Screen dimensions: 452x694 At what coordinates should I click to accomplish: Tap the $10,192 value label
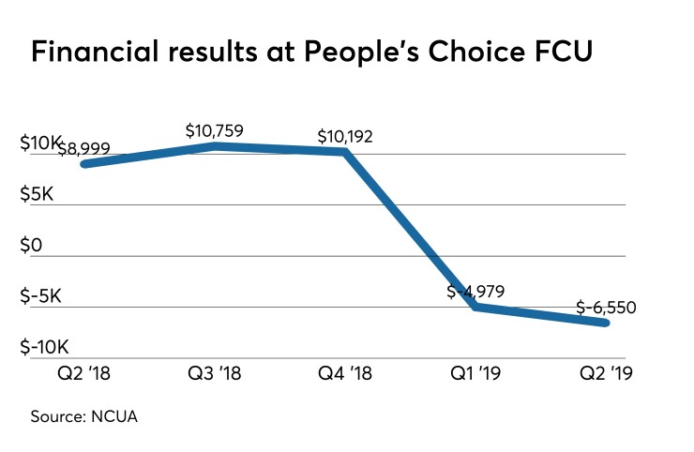pyautogui.click(x=344, y=136)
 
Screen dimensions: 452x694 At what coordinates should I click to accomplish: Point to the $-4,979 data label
pyautogui.click(x=475, y=292)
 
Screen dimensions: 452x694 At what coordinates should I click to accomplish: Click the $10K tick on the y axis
pyautogui.click(x=39, y=143)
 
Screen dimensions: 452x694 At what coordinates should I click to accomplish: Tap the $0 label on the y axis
pyautogui.click(x=33, y=246)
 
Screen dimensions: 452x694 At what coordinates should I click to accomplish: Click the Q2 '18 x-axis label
pyautogui.click(x=84, y=374)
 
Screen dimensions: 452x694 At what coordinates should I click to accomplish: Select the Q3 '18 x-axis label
pyautogui.click(x=215, y=374)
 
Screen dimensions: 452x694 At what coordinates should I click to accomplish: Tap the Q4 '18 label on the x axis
pyautogui.click(x=345, y=374)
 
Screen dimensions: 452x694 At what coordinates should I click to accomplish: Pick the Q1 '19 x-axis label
pyautogui.click(x=475, y=374)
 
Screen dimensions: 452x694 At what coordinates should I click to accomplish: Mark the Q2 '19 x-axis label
pyautogui.click(x=606, y=374)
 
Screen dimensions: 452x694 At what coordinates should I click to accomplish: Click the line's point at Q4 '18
pyautogui.click(x=345, y=151)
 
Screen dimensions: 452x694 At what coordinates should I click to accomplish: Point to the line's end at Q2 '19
pyautogui.click(x=606, y=323)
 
